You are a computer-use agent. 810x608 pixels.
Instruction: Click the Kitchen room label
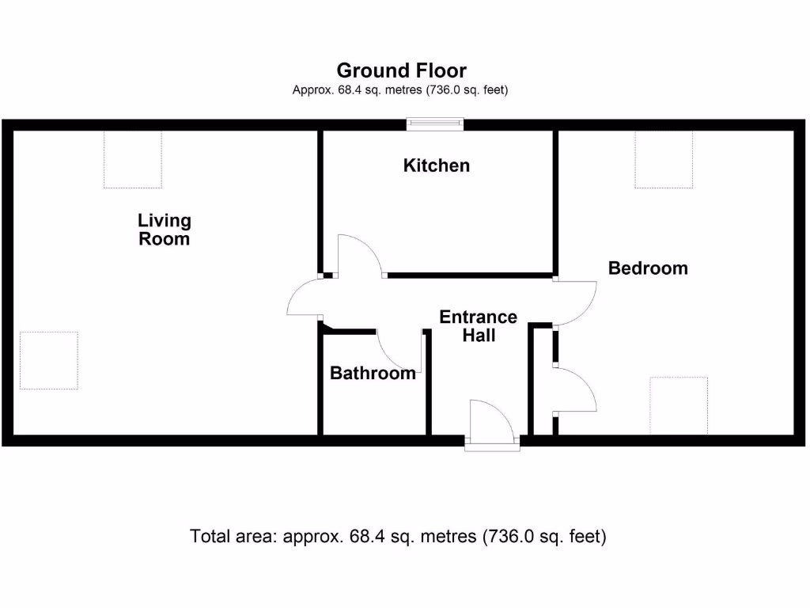[437, 165]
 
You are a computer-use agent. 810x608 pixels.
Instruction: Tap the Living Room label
[165, 230]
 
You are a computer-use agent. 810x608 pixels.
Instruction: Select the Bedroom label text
[648, 268]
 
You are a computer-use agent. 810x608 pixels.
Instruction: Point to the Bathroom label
[373, 373]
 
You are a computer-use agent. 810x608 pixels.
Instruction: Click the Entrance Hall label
[478, 326]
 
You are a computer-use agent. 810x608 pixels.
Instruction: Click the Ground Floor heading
[401, 70]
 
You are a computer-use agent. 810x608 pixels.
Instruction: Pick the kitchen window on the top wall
[434, 123]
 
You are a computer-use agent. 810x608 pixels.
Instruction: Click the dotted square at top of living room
[133, 159]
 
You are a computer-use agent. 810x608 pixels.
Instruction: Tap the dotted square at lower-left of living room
[49, 360]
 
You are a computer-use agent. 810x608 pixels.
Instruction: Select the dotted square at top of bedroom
[664, 159]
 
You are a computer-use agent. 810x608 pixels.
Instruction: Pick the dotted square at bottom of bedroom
[679, 405]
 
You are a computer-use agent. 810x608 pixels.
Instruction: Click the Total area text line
[398, 537]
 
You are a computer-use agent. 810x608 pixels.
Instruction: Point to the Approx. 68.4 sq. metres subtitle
[400, 90]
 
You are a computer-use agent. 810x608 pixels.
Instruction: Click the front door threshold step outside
[492, 446]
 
